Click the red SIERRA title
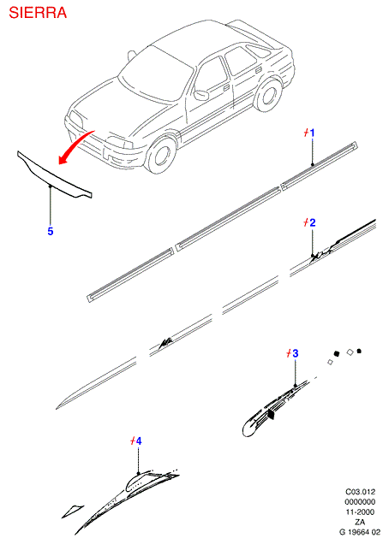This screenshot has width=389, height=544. [38, 13]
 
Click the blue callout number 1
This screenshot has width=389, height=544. [312, 133]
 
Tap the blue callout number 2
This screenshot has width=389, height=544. [313, 222]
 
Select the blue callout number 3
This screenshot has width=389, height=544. [295, 353]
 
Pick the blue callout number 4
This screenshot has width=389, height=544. [139, 441]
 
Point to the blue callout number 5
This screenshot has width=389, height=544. [51, 231]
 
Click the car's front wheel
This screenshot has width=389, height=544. [160, 154]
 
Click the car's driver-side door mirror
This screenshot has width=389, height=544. [201, 95]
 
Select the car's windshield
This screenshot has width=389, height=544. [155, 74]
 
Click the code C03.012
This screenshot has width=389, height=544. [360, 492]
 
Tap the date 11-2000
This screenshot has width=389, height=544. [360, 511]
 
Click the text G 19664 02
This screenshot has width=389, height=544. [360, 532]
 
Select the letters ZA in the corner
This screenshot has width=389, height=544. [360, 522]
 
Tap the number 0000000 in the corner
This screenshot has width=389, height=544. [360, 502]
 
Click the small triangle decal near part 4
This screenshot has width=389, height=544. [72, 511]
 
